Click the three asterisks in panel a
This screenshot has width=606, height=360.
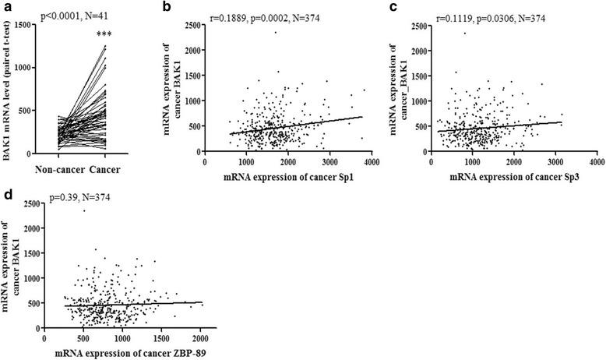(x=99, y=36)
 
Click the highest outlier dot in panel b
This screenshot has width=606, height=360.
(x=274, y=32)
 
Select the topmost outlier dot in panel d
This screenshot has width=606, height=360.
(x=83, y=210)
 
